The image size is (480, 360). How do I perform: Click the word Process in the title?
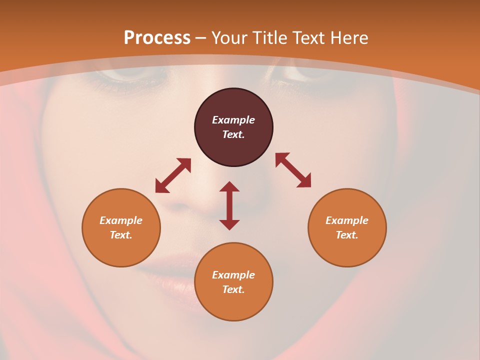(157, 38)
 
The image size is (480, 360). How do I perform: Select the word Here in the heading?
(349, 38)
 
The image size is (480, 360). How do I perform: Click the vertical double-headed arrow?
(229, 205)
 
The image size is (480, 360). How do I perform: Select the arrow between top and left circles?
(173, 175)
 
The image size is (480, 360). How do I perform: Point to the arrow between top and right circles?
(293, 170)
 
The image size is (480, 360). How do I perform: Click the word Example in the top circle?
(233, 120)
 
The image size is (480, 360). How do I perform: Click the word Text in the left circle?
(121, 235)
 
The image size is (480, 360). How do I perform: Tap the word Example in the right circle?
(347, 220)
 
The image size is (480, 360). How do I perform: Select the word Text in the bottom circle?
(233, 289)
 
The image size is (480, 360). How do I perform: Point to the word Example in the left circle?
(121, 220)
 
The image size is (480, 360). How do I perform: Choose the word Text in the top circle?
(233, 134)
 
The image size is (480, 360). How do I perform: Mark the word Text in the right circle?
(347, 235)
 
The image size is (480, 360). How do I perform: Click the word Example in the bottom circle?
(233, 275)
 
